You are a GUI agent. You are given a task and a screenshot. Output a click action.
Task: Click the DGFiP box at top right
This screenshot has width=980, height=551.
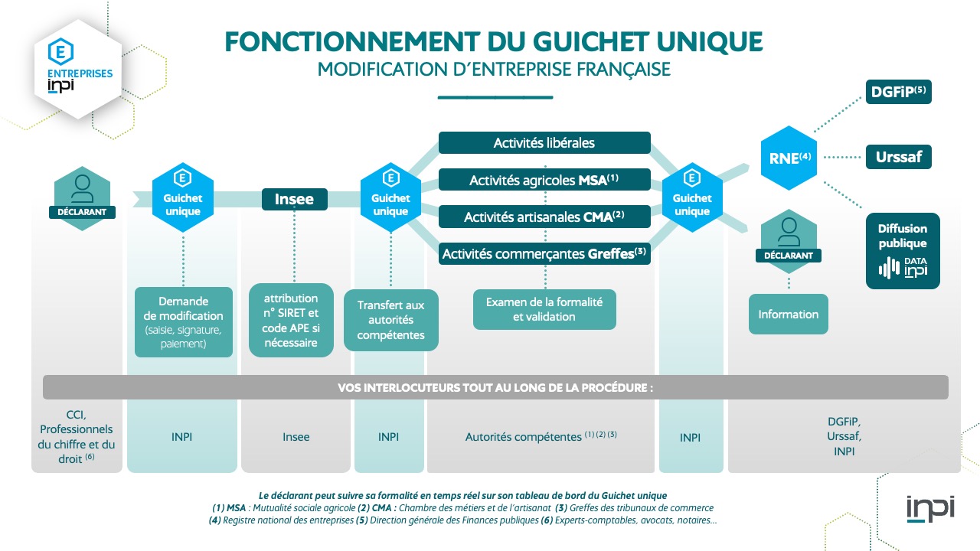[898, 92]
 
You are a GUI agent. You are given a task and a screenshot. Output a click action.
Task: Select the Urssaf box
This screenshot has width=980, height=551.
[898, 158]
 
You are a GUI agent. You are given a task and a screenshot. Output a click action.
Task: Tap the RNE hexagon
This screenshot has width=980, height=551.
[789, 158]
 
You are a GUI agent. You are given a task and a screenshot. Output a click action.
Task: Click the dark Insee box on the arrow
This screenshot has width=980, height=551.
[295, 199]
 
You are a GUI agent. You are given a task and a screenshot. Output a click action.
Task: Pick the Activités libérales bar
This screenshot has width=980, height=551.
[544, 142]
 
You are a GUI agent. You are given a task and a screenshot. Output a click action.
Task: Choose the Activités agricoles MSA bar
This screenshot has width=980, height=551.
[544, 180]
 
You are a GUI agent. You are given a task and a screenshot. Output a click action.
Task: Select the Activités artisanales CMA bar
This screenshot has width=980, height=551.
[544, 217]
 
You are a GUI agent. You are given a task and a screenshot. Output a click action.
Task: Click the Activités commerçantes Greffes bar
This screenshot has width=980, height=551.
[544, 253]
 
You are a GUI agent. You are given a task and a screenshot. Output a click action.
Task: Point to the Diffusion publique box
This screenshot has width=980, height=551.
[903, 250]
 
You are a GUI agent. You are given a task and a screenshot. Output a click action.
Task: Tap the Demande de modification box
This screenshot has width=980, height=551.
[184, 321]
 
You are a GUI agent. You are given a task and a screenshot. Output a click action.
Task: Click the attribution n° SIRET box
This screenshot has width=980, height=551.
[291, 320]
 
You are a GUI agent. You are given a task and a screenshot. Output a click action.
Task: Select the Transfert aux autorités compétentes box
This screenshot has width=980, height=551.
[390, 320]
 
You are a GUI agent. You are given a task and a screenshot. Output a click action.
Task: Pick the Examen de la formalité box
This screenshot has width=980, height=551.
[544, 308]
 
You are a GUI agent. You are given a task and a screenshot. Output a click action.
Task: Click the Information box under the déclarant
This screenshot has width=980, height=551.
[788, 314]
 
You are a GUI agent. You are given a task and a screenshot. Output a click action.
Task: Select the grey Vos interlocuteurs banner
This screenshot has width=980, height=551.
[495, 387]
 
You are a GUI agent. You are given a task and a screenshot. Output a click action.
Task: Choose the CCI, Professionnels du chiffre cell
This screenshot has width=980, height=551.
[77, 437]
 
